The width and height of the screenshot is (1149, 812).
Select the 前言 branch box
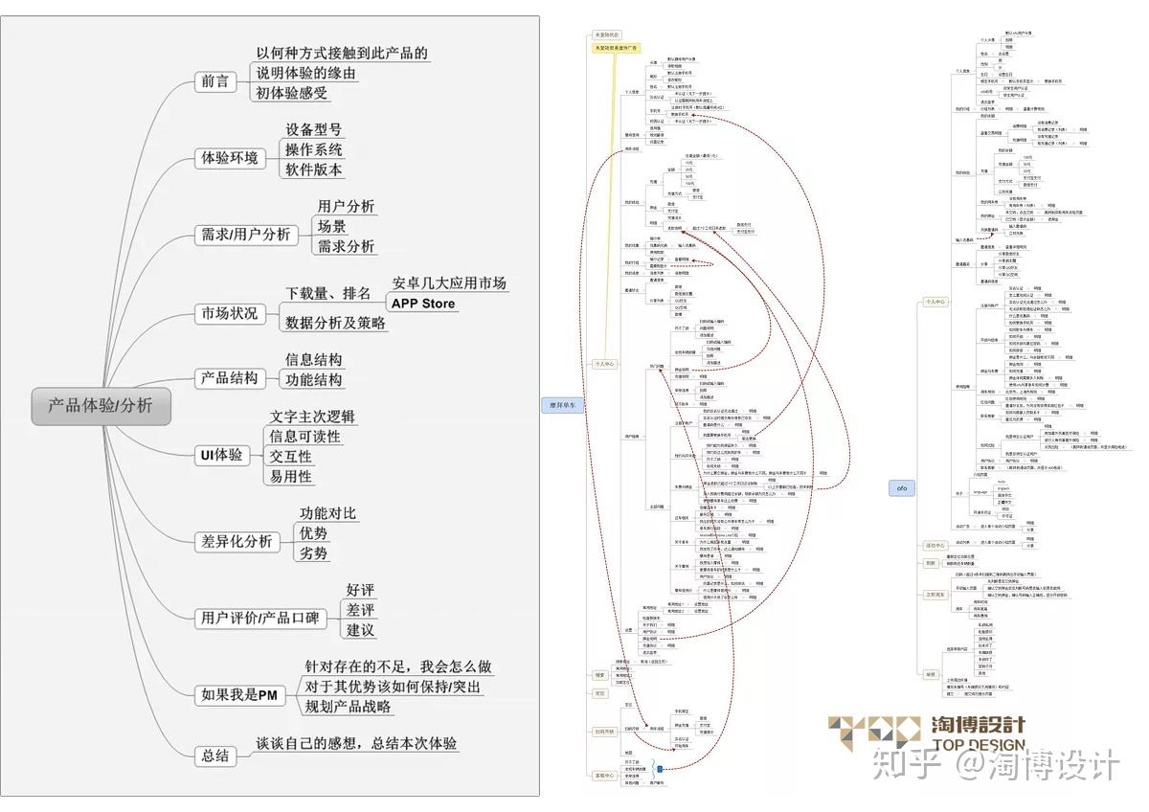214,81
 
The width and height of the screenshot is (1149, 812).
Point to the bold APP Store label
422,304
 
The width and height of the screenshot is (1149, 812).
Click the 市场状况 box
229,313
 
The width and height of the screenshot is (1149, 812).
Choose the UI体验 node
220,455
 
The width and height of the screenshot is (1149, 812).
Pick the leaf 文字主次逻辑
312,417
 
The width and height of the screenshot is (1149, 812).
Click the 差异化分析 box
236,541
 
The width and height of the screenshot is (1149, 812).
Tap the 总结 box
215,756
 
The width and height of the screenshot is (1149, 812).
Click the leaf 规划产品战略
348,707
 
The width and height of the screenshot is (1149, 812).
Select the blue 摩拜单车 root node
562,406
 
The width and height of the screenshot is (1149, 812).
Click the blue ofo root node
901,487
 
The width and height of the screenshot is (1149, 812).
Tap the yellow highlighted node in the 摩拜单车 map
617,47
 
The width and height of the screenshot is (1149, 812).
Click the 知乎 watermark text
896,767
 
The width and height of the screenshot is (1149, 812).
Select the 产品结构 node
230,378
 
